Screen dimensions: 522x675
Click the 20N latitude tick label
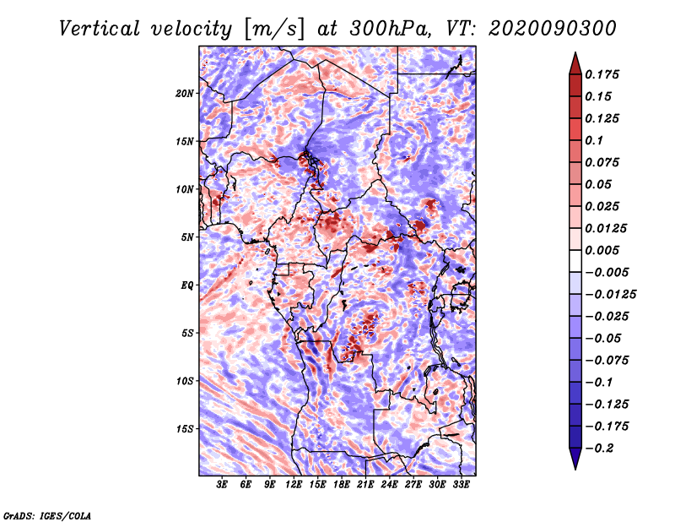[185, 93]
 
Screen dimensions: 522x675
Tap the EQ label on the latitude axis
[186, 285]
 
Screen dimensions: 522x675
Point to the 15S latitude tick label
[185, 428]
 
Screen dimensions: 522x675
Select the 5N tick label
[187, 237]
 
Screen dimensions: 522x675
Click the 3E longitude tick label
[223, 485]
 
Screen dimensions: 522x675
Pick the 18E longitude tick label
[342, 485]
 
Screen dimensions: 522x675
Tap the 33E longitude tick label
[461, 485]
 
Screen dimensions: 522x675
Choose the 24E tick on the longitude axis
[389, 485]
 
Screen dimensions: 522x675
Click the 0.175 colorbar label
[603, 74]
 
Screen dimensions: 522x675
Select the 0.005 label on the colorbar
[603, 250]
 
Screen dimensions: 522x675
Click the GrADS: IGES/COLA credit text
[46, 514]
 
